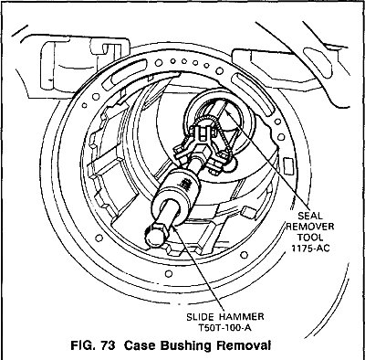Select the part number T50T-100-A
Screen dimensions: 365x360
[x=225, y=328]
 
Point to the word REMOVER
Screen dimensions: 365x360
[x=310, y=227]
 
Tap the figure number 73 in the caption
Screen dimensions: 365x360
[x=108, y=346]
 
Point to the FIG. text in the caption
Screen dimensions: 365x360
[x=83, y=346]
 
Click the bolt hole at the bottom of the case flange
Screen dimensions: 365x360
[x=168, y=274]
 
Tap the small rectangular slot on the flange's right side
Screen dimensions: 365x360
[x=288, y=166]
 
